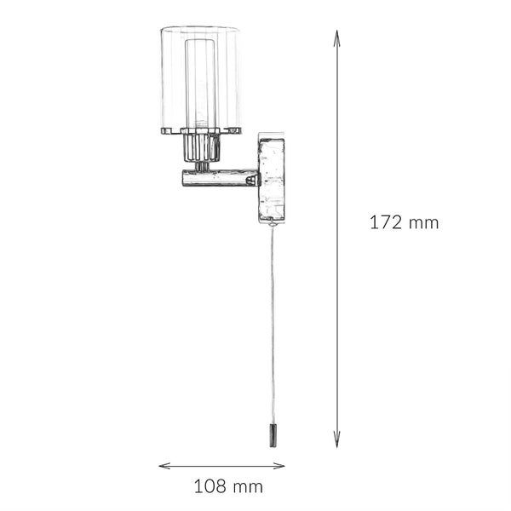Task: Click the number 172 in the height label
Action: (x=385, y=223)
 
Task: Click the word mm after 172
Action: (x=422, y=224)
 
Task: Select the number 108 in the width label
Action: (x=210, y=487)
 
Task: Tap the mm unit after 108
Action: (x=248, y=487)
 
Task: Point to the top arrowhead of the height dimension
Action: (x=337, y=34)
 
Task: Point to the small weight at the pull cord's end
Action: (x=273, y=436)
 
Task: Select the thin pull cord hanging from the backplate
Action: (x=273, y=324)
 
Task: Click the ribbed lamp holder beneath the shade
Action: (x=201, y=148)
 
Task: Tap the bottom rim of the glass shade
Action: (x=201, y=130)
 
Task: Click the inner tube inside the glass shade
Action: (x=201, y=81)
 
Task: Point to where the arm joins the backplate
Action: (x=259, y=177)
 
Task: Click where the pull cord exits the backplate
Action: (x=273, y=225)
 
